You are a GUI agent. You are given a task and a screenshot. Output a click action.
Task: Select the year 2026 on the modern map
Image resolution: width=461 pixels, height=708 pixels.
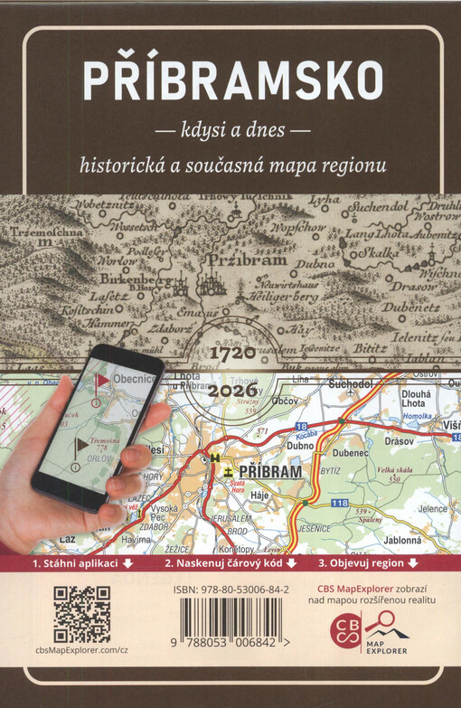233,392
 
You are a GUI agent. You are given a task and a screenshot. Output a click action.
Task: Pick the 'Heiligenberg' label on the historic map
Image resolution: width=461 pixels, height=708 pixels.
287,297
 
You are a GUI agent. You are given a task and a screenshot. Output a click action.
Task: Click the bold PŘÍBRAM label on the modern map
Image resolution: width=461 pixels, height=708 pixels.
270,472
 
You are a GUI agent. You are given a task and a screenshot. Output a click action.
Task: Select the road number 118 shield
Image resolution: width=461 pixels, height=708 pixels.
339,501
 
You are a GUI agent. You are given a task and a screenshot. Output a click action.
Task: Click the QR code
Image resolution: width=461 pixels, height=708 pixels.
82,614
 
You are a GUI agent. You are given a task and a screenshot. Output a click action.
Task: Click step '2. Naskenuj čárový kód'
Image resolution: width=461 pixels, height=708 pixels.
230,562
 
